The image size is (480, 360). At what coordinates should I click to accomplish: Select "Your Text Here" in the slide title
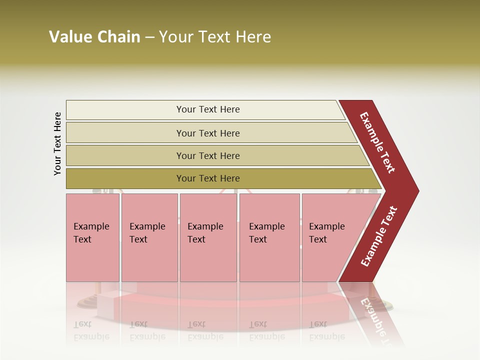point(215,37)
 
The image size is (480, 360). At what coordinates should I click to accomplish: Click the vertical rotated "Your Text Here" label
point(57,143)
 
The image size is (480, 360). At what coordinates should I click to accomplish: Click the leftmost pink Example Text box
point(92,237)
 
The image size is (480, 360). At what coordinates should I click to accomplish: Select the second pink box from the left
point(149,237)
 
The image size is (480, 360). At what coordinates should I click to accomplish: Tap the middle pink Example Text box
point(208,237)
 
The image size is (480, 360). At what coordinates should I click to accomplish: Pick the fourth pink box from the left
point(269,237)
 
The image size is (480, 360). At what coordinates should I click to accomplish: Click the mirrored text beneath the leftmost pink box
point(91,330)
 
